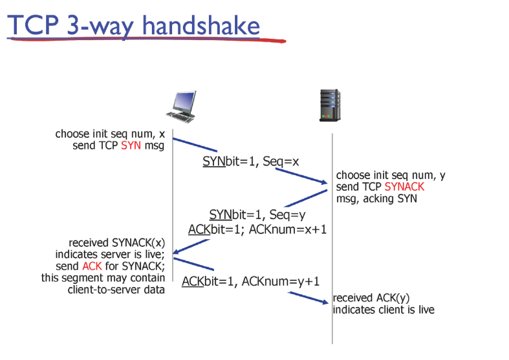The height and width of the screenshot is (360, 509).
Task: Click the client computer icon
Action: tap(182, 107)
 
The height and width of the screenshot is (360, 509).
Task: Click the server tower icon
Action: tap(330, 105)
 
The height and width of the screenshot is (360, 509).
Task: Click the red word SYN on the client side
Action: tap(131, 145)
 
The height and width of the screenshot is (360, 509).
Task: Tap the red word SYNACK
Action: tap(404, 187)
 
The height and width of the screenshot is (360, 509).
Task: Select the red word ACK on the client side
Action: tap(92, 266)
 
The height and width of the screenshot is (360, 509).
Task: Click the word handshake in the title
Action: tap(201, 25)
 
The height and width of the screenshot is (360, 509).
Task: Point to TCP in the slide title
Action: tap(33, 25)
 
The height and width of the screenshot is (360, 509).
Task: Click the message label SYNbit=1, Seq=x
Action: tap(250, 161)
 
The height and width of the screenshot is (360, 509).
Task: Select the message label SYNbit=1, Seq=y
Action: tap(257, 215)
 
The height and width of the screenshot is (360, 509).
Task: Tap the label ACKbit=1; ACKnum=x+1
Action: tap(257, 229)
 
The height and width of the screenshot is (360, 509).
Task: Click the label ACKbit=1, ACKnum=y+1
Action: tap(250, 281)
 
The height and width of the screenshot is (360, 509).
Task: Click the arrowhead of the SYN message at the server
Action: tap(325, 182)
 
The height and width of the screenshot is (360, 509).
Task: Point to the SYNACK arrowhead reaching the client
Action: tap(177, 251)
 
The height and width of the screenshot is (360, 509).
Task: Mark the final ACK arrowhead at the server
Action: tap(325, 302)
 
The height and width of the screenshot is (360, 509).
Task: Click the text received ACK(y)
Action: tap(371, 298)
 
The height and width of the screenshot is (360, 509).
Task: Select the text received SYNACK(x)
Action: tap(117, 242)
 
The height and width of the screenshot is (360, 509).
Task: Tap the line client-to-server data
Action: tap(116, 290)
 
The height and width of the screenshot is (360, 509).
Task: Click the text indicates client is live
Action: tap(384, 310)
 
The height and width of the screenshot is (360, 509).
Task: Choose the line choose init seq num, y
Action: tap(391, 175)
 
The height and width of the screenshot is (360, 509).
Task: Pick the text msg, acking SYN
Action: tap(376, 198)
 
